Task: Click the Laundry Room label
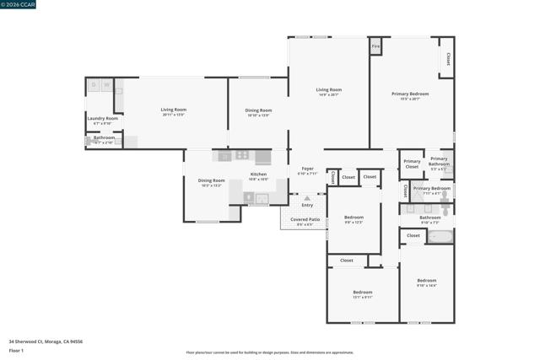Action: (x=101, y=118)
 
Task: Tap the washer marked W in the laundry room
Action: (x=107, y=84)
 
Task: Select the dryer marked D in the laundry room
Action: (x=94, y=84)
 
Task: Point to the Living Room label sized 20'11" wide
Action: (x=174, y=110)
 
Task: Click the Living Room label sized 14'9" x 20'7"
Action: (x=328, y=89)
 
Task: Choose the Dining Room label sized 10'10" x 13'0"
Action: (x=258, y=110)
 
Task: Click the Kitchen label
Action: (x=258, y=175)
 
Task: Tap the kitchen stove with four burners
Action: (x=242, y=155)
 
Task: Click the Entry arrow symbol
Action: (x=307, y=198)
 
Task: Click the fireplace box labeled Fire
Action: (x=376, y=46)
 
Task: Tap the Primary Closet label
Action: (x=412, y=164)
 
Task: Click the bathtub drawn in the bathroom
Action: (x=439, y=236)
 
